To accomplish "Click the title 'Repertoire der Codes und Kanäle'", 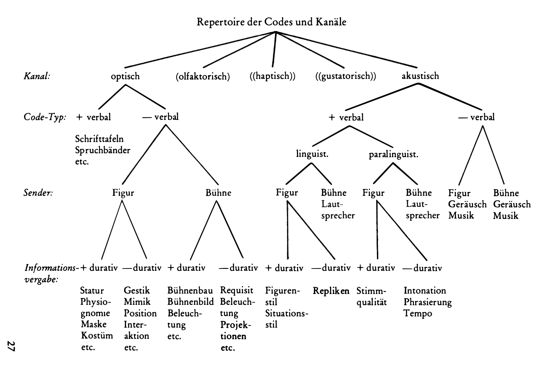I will click(271, 22).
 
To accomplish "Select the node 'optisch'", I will click(125, 76).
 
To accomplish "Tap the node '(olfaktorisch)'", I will click(202, 77).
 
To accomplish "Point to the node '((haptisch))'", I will click(272, 76).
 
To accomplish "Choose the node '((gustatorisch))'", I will click(346, 76).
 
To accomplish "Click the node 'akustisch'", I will click(420, 76).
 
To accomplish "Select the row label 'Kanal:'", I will click(37, 76).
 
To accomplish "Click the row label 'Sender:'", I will click(38, 193).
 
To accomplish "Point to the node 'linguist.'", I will click(312, 154).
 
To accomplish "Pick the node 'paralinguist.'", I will click(393, 154).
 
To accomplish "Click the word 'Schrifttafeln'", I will click(99, 139).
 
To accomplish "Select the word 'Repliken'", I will click(331, 291).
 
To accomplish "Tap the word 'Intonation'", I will click(425, 291).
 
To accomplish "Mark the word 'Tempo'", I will click(418, 313).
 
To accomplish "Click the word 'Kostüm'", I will click(97, 336).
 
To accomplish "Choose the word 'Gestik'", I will click(137, 291).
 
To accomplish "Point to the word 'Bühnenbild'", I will click(190, 302).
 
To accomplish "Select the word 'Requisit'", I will click(237, 291).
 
